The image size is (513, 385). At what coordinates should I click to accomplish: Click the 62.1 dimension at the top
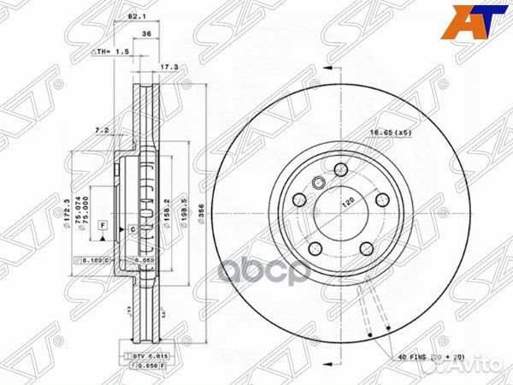click(x=134, y=17)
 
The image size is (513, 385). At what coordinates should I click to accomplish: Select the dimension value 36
click(x=147, y=33)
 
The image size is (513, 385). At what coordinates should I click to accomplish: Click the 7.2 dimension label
click(x=100, y=130)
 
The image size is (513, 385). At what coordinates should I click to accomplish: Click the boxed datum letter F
click(x=102, y=225)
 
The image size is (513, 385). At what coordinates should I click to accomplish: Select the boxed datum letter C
click(x=133, y=228)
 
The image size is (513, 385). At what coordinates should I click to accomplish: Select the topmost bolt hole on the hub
click(x=340, y=168)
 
